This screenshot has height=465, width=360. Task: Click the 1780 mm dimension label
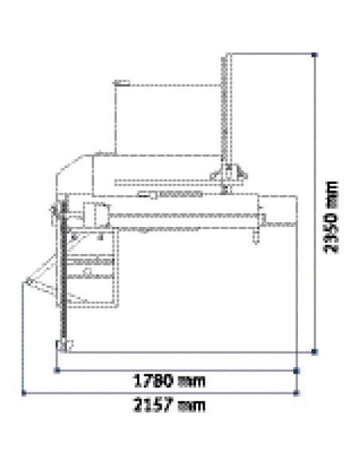click(170, 381)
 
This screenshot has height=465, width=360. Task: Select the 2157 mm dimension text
click(169, 405)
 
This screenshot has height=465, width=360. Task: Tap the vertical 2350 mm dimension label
click(331, 217)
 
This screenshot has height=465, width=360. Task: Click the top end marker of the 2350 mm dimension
click(315, 55)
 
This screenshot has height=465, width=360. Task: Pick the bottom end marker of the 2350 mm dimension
click(315, 352)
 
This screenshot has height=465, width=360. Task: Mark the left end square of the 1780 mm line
click(57, 370)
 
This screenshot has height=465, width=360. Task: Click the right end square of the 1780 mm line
click(296, 370)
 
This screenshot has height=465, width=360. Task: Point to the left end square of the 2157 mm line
click(24, 393)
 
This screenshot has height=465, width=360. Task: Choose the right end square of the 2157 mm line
click(296, 393)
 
